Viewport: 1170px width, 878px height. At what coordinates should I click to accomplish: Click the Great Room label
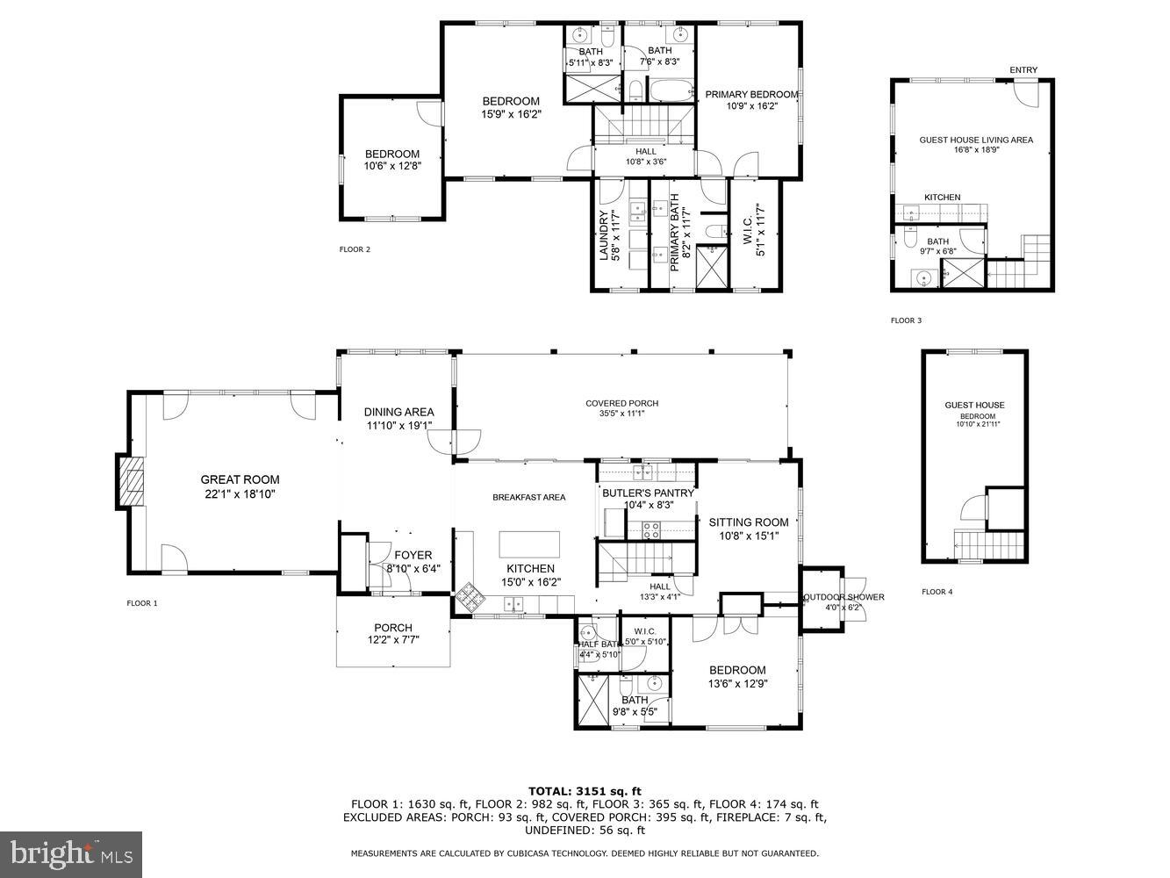pyautogui.click(x=240, y=479)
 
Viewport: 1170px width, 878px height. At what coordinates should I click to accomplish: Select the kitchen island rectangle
pyautogui.click(x=529, y=540)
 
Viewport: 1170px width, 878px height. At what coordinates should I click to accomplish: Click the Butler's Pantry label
pyautogui.click(x=648, y=493)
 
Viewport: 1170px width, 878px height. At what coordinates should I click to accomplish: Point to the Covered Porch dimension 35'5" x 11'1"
pyautogui.click(x=621, y=414)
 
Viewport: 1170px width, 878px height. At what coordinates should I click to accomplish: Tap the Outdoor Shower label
pyautogui.click(x=843, y=597)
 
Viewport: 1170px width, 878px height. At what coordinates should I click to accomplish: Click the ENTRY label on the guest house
pyautogui.click(x=1023, y=70)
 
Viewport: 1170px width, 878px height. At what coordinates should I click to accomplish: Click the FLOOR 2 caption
pyautogui.click(x=355, y=249)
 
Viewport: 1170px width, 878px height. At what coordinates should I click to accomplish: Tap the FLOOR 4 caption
pyautogui.click(x=937, y=592)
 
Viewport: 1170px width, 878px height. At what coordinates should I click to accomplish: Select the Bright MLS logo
pyautogui.click(x=72, y=853)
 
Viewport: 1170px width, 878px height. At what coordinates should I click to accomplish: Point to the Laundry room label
pyautogui.click(x=604, y=235)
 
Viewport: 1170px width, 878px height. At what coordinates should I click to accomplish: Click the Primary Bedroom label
pyautogui.click(x=751, y=95)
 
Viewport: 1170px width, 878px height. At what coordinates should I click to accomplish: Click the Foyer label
pyautogui.click(x=413, y=555)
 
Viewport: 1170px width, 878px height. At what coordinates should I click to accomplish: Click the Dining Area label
pyautogui.click(x=398, y=412)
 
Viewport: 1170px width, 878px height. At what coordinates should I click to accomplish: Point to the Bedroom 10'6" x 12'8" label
pyautogui.click(x=392, y=155)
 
